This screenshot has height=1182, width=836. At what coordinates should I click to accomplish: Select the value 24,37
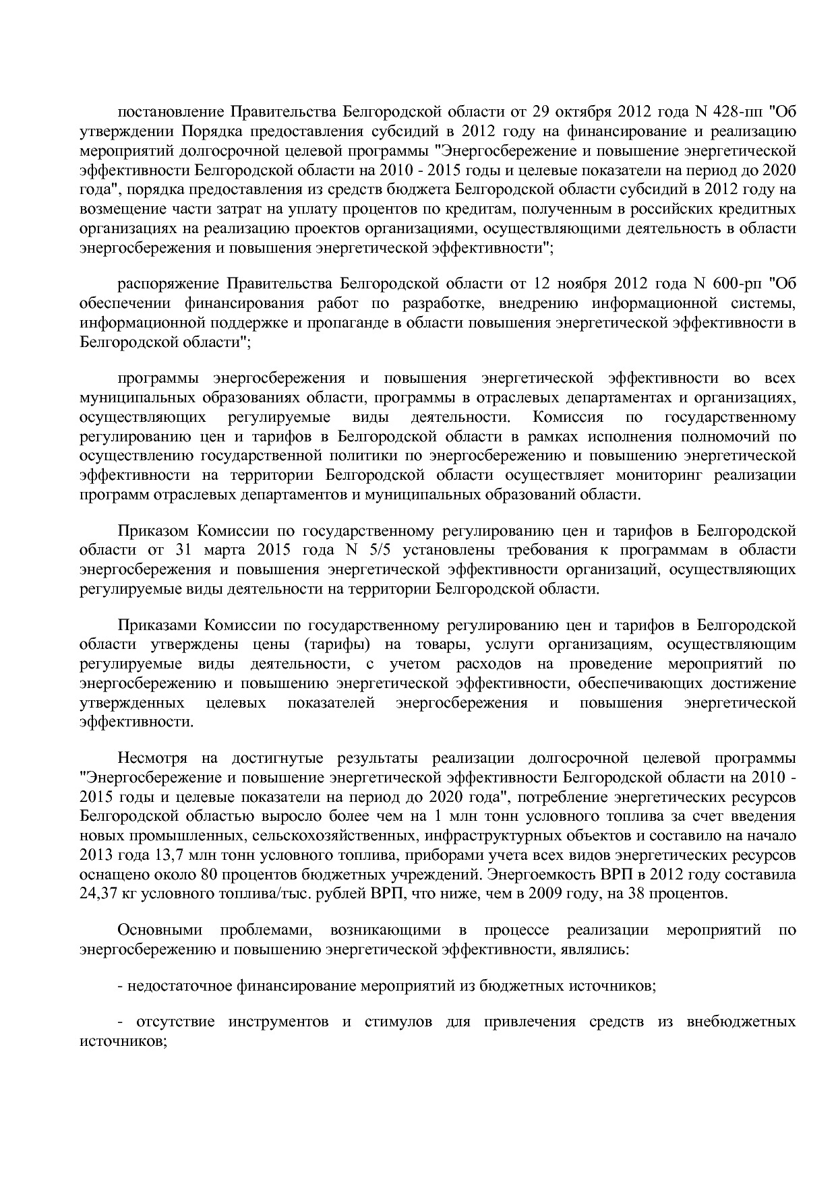[x=100, y=895]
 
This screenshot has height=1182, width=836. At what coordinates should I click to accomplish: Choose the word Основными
[x=160, y=931]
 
